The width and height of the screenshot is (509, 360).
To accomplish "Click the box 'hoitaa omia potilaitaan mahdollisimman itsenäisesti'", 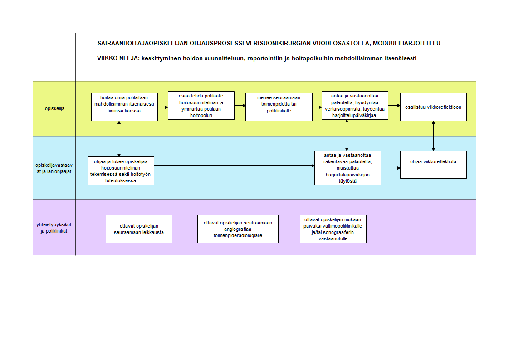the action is [124, 107].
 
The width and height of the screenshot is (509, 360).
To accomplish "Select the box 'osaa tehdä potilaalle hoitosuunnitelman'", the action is [201, 105].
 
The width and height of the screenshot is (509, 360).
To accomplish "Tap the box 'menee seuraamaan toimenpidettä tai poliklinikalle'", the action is [279, 107].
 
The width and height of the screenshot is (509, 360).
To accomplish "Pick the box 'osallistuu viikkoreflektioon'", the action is [433, 107].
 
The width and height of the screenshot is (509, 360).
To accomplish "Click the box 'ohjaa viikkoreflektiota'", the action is [433, 165].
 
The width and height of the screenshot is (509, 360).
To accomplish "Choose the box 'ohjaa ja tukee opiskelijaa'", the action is [121, 171].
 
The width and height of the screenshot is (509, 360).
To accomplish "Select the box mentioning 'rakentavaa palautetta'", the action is [347, 168].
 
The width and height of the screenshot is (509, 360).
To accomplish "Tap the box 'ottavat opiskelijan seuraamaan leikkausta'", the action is [139, 229].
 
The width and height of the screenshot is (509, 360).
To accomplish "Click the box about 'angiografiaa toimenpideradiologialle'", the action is [238, 229].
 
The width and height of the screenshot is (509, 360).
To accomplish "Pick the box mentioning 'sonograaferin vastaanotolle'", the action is [333, 229].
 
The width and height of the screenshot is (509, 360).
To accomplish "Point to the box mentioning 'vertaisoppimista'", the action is [355, 105].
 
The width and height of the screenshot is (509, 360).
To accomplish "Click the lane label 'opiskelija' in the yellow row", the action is [54, 109].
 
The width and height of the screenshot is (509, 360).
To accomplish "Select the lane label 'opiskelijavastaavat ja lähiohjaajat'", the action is [54, 168].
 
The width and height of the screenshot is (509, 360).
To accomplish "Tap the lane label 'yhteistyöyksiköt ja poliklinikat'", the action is [54, 228].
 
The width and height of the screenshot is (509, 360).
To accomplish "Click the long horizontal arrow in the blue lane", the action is [235, 166].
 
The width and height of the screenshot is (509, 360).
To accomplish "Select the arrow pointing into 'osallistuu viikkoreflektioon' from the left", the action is [394, 105].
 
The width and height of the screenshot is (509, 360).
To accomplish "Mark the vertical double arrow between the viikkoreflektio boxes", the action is [433, 136].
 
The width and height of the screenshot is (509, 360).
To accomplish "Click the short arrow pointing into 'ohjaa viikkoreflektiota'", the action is [391, 168].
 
